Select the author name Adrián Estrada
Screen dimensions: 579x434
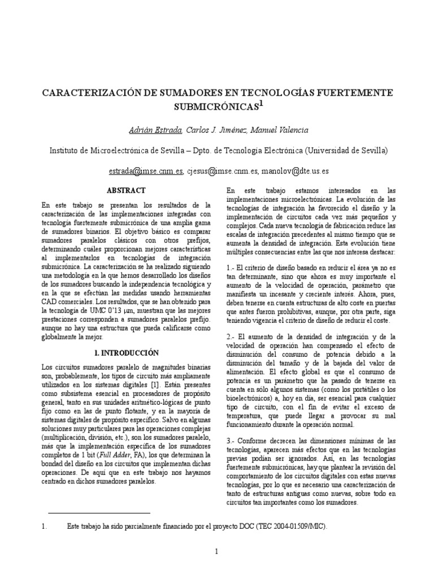[156, 130]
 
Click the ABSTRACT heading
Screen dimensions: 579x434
[127, 191]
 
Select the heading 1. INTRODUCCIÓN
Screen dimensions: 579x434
[126, 352]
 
